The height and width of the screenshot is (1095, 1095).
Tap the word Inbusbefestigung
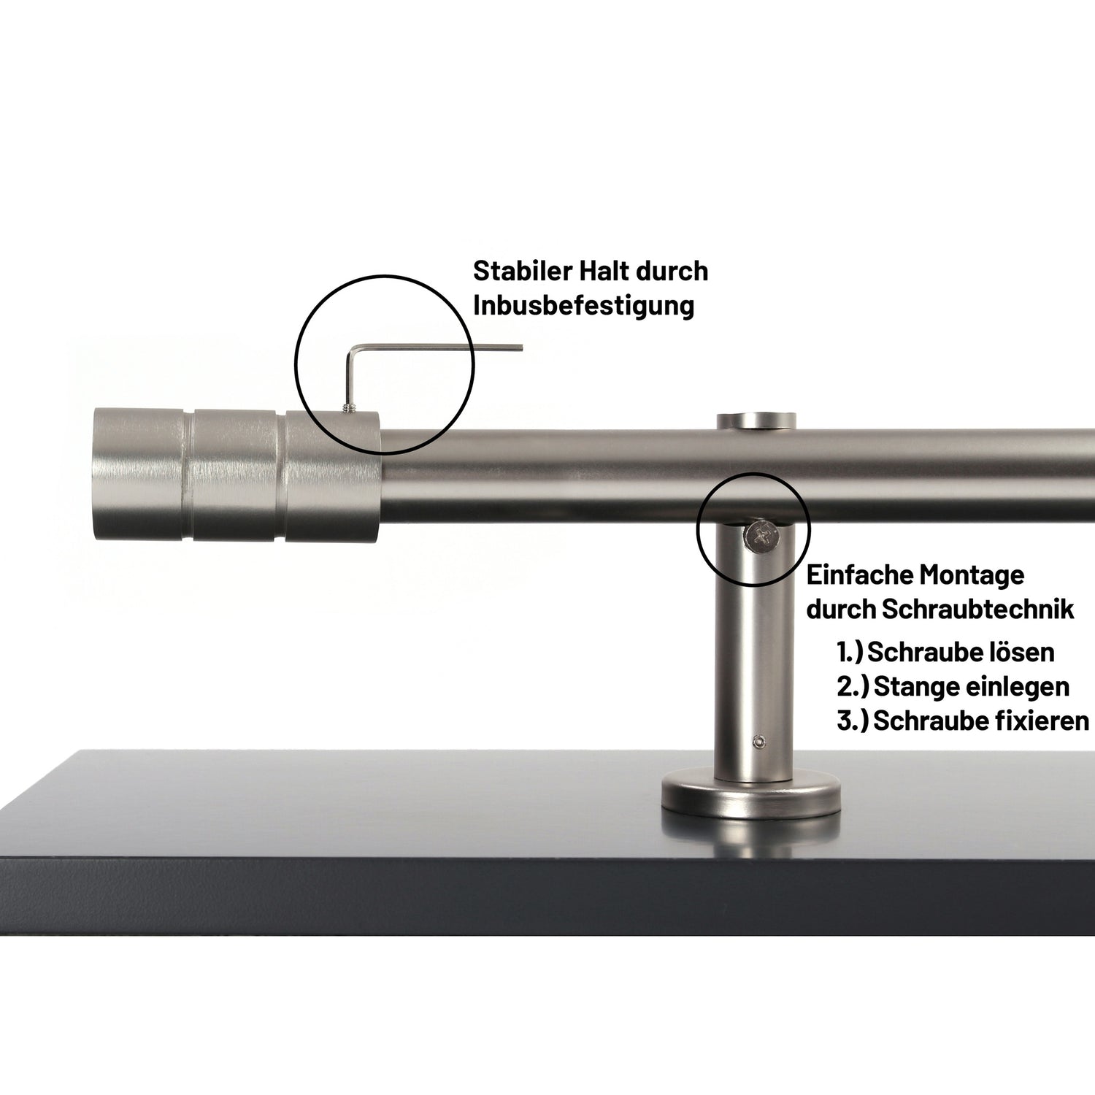coord(583,305)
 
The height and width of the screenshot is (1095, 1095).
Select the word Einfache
coord(858,575)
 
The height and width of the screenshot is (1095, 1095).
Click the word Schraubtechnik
coord(978,610)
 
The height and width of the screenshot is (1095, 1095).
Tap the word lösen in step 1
coord(1021,652)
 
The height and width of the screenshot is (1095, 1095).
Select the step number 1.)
coord(850,652)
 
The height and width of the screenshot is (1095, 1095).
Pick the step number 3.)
coord(852,721)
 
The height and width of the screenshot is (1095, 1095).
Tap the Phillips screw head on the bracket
coord(761,537)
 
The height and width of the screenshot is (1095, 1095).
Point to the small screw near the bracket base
coord(759,742)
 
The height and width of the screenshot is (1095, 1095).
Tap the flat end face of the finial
coord(99,474)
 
